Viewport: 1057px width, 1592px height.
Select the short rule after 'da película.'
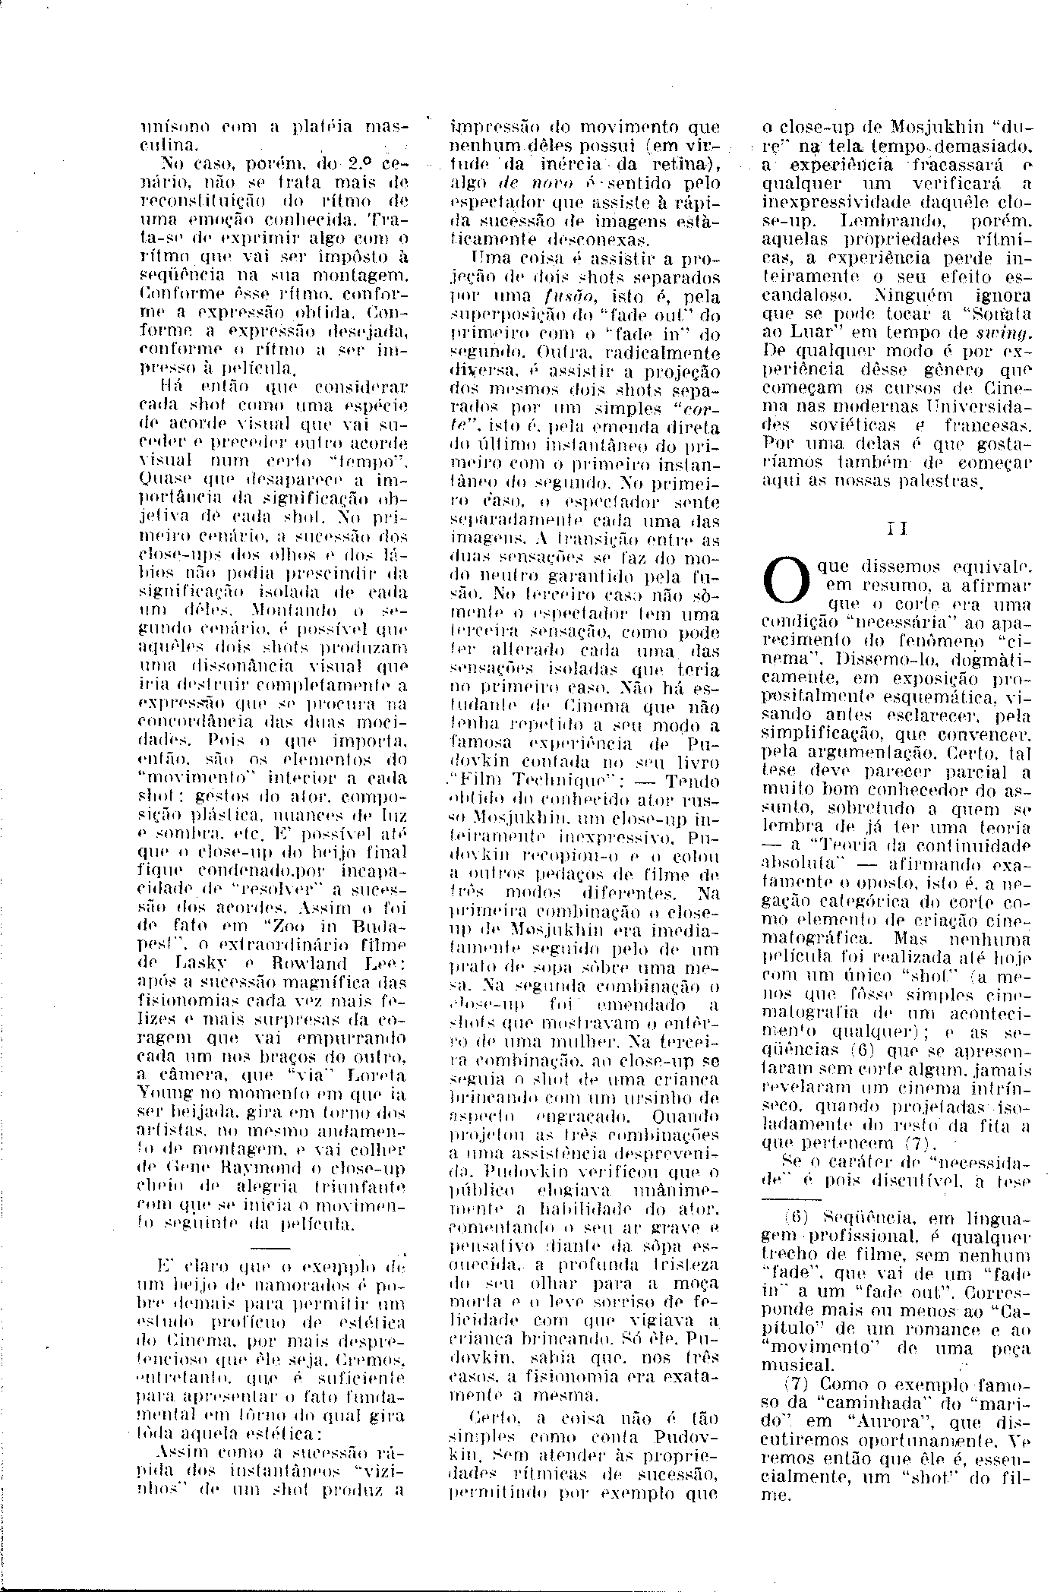[270, 1247]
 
